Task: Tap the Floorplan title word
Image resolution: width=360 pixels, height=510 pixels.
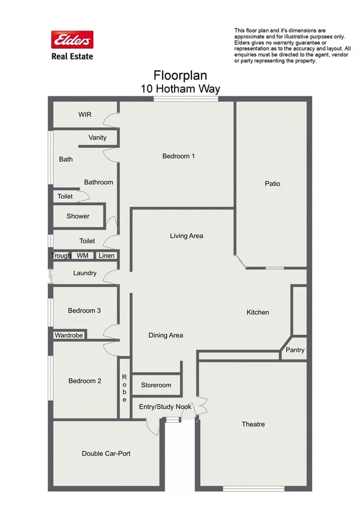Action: tap(180, 76)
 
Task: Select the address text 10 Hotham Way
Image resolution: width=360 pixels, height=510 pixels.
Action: tap(180, 89)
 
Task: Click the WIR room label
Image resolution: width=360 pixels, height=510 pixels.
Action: tap(85, 114)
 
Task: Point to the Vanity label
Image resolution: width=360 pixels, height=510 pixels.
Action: tap(98, 138)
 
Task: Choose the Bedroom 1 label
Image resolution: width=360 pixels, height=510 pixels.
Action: tap(179, 157)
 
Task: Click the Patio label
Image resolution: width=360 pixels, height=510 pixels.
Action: tap(273, 184)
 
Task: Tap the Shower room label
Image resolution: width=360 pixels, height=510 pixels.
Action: tap(78, 216)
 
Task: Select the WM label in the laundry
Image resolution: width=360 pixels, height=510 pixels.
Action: tap(82, 256)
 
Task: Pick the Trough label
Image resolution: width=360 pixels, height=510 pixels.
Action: tap(61, 256)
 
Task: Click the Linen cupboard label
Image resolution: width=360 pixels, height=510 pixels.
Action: tap(106, 256)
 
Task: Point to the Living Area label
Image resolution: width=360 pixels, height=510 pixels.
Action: tap(187, 236)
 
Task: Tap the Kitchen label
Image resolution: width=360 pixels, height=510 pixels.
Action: tap(258, 313)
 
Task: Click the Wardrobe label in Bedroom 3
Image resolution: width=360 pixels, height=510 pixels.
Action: tap(69, 335)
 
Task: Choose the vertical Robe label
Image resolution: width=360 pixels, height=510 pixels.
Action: tap(124, 388)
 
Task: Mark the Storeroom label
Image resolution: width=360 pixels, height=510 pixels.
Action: tap(156, 385)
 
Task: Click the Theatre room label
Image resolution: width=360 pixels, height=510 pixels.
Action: tap(253, 424)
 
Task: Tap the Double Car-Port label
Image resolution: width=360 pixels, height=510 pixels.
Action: tap(106, 453)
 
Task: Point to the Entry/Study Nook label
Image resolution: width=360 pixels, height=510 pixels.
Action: tap(165, 407)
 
